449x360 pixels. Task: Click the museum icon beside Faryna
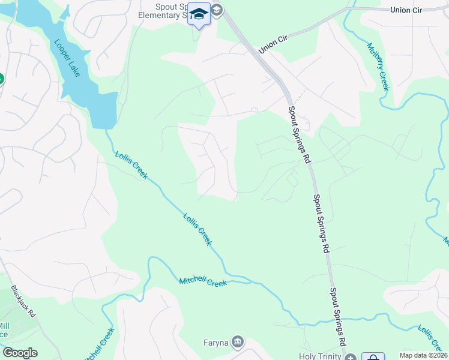click(x=238, y=342)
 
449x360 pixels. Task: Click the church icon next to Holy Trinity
click(x=351, y=357)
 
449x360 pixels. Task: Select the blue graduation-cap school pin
click(x=199, y=14)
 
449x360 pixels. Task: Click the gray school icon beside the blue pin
click(x=217, y=10)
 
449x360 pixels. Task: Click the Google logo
click(x=20, y=353)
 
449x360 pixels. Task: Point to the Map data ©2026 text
click(x=423, y=355)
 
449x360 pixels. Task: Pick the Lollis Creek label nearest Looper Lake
click(x=130, y=167)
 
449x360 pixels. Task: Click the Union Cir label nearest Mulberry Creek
click(x=407, y=10)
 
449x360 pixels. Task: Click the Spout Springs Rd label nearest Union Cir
click(x=299, y=135)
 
